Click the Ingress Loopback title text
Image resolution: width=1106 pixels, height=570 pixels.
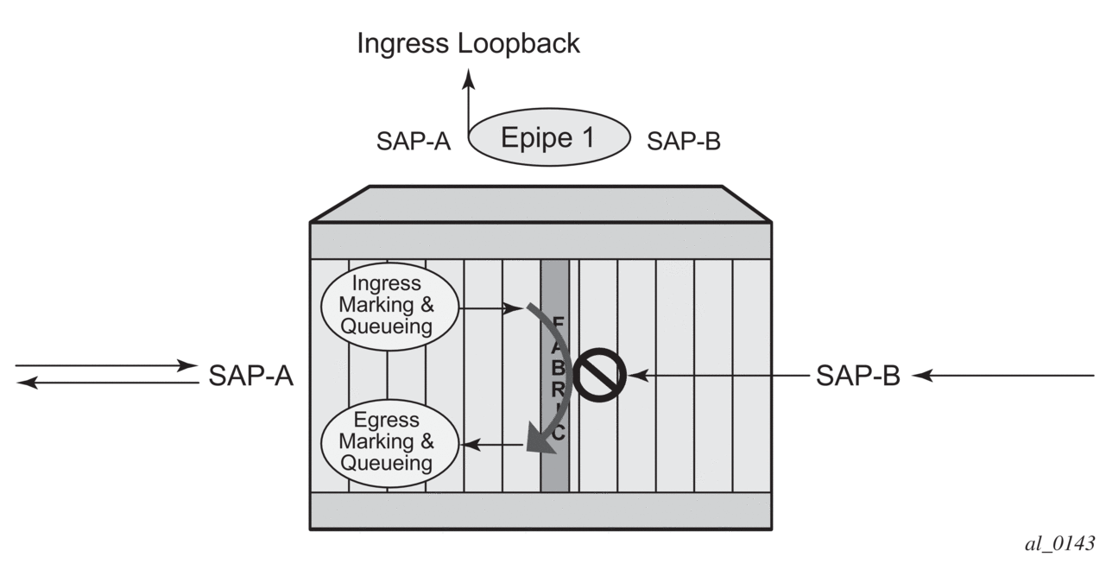point(468,44)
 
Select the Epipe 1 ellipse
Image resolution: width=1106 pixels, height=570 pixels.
point(549,137)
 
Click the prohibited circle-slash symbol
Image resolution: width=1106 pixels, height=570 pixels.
point(599,375)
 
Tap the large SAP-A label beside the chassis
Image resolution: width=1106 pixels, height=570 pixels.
point(251,377)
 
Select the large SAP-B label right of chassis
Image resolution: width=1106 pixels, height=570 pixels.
point(858,377)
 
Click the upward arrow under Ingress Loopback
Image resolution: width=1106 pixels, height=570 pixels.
point(469,104)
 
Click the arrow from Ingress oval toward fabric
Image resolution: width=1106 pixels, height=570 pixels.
point(487,306)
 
